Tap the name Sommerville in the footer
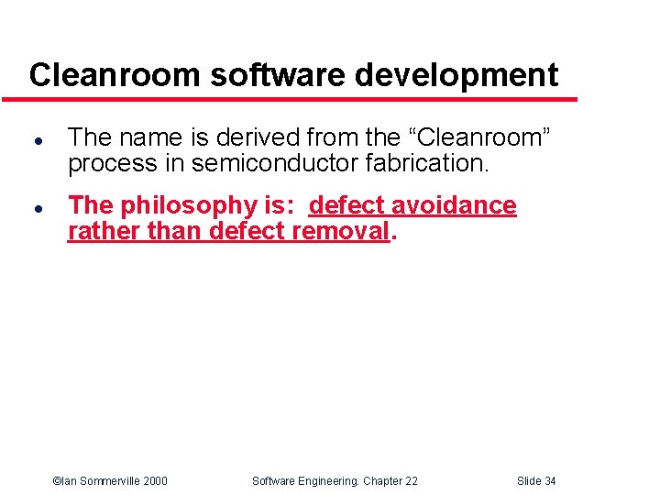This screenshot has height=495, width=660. point(104,481)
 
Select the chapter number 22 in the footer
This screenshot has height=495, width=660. point(411,481)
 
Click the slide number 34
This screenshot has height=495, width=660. point(549,481)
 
